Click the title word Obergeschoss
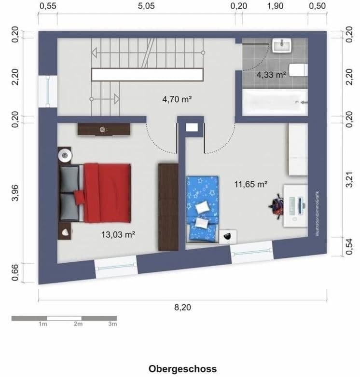click(x=182, y=369)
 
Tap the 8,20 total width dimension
click(x=183, y=307)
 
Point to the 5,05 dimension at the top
click(x=146, y=6)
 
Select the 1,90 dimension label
click(x=275, y=6)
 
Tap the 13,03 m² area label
click(x=118, y=235)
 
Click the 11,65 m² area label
click(x=251, y=184)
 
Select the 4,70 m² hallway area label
click(x=177, y=100)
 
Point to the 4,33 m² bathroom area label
click(x=271, y=75)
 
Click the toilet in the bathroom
click(x=297, y=70)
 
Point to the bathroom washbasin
click(x=281, y=46)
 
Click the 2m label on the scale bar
click(x=78, y=324)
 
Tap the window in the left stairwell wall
click(x=48, y=91)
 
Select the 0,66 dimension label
click(x=15, y=273)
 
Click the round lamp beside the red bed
click(x=65, y=155)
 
